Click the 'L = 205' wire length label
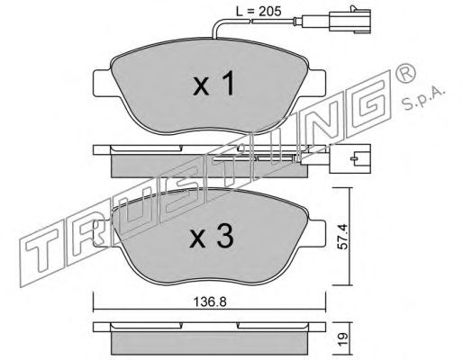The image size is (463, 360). pyautogui.click(x=259, y=12)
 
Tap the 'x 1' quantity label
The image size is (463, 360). pyautogui.click(x=213, y=85)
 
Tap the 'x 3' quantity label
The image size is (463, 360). pyautogui.click(x=212, y=237)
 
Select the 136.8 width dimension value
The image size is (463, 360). pyautogui.click(x=209, y=302)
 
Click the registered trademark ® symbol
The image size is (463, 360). pyautogui.click(x=406, y=74)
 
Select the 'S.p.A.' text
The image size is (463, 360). pyautogui.click(x=423, y=97)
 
